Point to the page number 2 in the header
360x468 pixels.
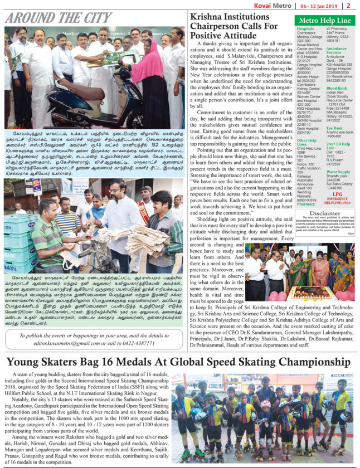pos(355,5)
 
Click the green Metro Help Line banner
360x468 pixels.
pos(323,21)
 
